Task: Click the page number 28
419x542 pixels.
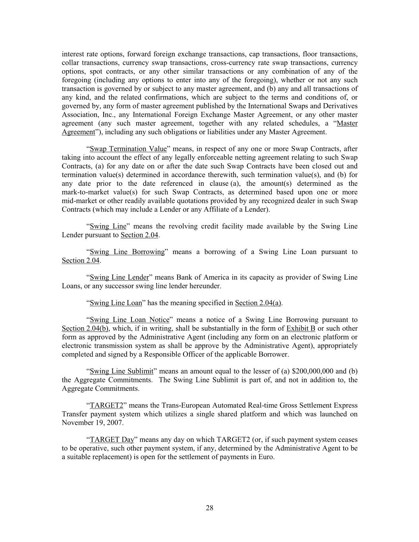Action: [210, 508]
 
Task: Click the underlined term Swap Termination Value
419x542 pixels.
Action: [128, 149]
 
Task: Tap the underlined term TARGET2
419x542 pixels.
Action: [106, 405]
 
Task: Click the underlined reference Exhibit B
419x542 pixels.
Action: [301, 328]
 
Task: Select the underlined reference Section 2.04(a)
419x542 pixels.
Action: [258, 303]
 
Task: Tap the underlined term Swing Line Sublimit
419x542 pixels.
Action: [122, 371]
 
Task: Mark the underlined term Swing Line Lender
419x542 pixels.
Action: [119, 277]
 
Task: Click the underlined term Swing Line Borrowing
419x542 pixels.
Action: [127, 252]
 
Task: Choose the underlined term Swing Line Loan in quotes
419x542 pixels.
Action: [116, 303]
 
